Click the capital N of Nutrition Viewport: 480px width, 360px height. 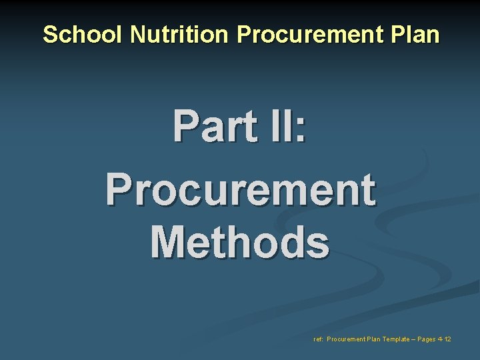[138, 35]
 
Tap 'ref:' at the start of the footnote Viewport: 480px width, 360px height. [318, 339]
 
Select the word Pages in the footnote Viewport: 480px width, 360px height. [427, 339]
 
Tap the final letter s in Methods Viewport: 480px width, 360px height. [318, 243]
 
